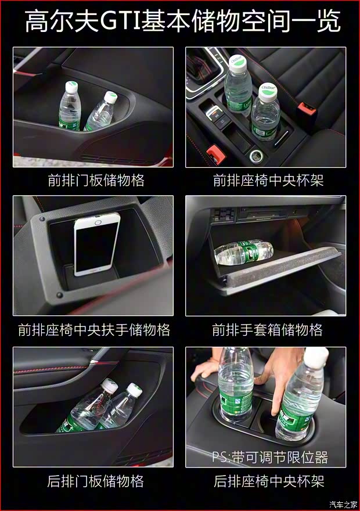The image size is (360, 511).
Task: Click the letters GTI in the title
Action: [120, 21]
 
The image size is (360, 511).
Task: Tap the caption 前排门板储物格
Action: [96, 180]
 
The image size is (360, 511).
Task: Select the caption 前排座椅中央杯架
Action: [268, 180]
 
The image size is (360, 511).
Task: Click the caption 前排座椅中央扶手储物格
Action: [94, 330]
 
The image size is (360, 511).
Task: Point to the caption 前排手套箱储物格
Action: [267, 330]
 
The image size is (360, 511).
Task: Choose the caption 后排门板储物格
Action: [95, 481]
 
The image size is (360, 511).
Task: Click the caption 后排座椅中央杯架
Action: [269, 481]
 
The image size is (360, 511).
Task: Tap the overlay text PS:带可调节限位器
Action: [270, 457]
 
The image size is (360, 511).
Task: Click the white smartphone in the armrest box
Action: [96, 244]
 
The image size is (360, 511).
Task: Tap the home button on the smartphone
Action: [98, 222]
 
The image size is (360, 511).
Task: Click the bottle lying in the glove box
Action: [244, 252]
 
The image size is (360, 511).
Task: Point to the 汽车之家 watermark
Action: [343, 505]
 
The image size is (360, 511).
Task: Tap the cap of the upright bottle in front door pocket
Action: [71, 87]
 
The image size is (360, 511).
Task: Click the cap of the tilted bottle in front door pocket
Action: [110, 97]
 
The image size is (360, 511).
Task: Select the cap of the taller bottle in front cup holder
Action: [237, 63]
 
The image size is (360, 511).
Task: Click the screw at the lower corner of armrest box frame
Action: [59, 295]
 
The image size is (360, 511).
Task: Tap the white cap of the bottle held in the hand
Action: [316, 357]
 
